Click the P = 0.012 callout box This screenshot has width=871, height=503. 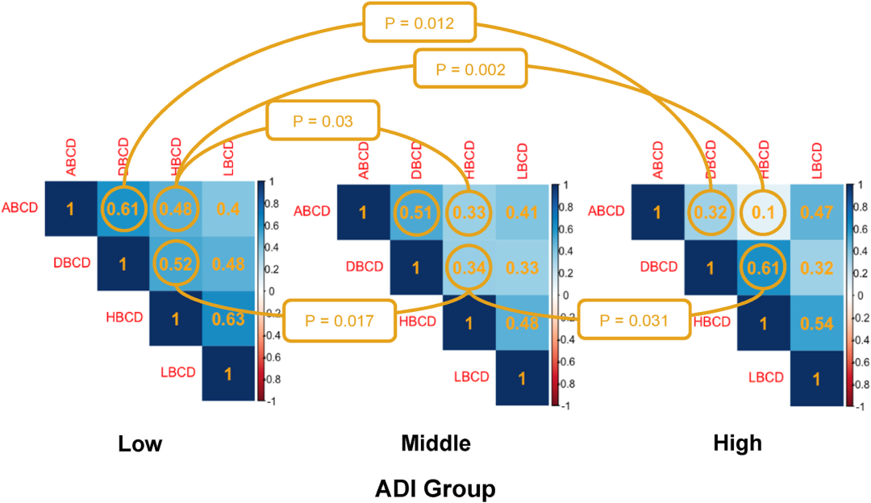click(419, 23)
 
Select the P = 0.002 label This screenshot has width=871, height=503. click(470, 69)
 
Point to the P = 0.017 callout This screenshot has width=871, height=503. click(340, 320)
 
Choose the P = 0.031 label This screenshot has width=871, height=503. click(634, 320)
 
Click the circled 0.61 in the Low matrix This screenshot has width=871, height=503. click(123, 210)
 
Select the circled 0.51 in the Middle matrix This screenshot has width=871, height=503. click(417, 214)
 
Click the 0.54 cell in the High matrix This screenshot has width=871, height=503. click(816, 320)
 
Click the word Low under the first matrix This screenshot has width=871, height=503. click(140, 443)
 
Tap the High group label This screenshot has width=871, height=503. click(737, 443)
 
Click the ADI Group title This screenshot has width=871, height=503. click(435, 487)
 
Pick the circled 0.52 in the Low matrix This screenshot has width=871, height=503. click(176, 264)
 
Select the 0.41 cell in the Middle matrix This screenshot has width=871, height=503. click(522, 214)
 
